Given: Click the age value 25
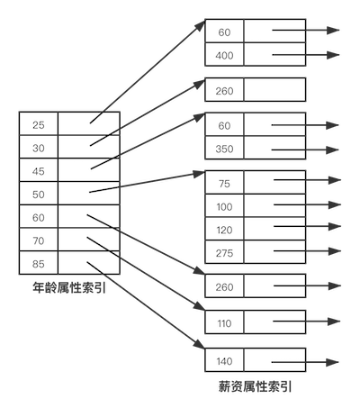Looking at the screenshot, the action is tap(39, 125).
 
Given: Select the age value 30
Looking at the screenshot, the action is tap(39, 148).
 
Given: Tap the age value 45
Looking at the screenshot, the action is tap(39, 171).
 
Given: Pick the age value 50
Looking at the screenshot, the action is tap(39, 195).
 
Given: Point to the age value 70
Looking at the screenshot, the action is tap(39, 240).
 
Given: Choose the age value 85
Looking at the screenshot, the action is tap(39, 264).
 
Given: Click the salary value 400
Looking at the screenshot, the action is tap(224, 56).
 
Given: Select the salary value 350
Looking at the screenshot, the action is tap(224, 149).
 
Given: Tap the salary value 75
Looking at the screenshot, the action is tap(224, 184).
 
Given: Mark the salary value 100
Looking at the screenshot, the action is tap(224, 207).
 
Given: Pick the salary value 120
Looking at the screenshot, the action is tap(224, 230).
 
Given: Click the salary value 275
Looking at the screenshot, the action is tap(224, 253).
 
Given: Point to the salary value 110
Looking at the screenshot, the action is tap(224, 323).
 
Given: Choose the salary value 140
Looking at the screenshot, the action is tap(224, 361).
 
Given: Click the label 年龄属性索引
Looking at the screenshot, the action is tap(69, 287).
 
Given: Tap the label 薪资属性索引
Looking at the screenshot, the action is tap(256, 386).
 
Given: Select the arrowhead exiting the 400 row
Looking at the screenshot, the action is tap(333, 55).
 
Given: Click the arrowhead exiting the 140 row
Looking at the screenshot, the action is tap(332, 362).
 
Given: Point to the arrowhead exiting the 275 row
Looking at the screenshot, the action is tap(335, 251).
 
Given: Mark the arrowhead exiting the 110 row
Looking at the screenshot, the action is tap(334, 322).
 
